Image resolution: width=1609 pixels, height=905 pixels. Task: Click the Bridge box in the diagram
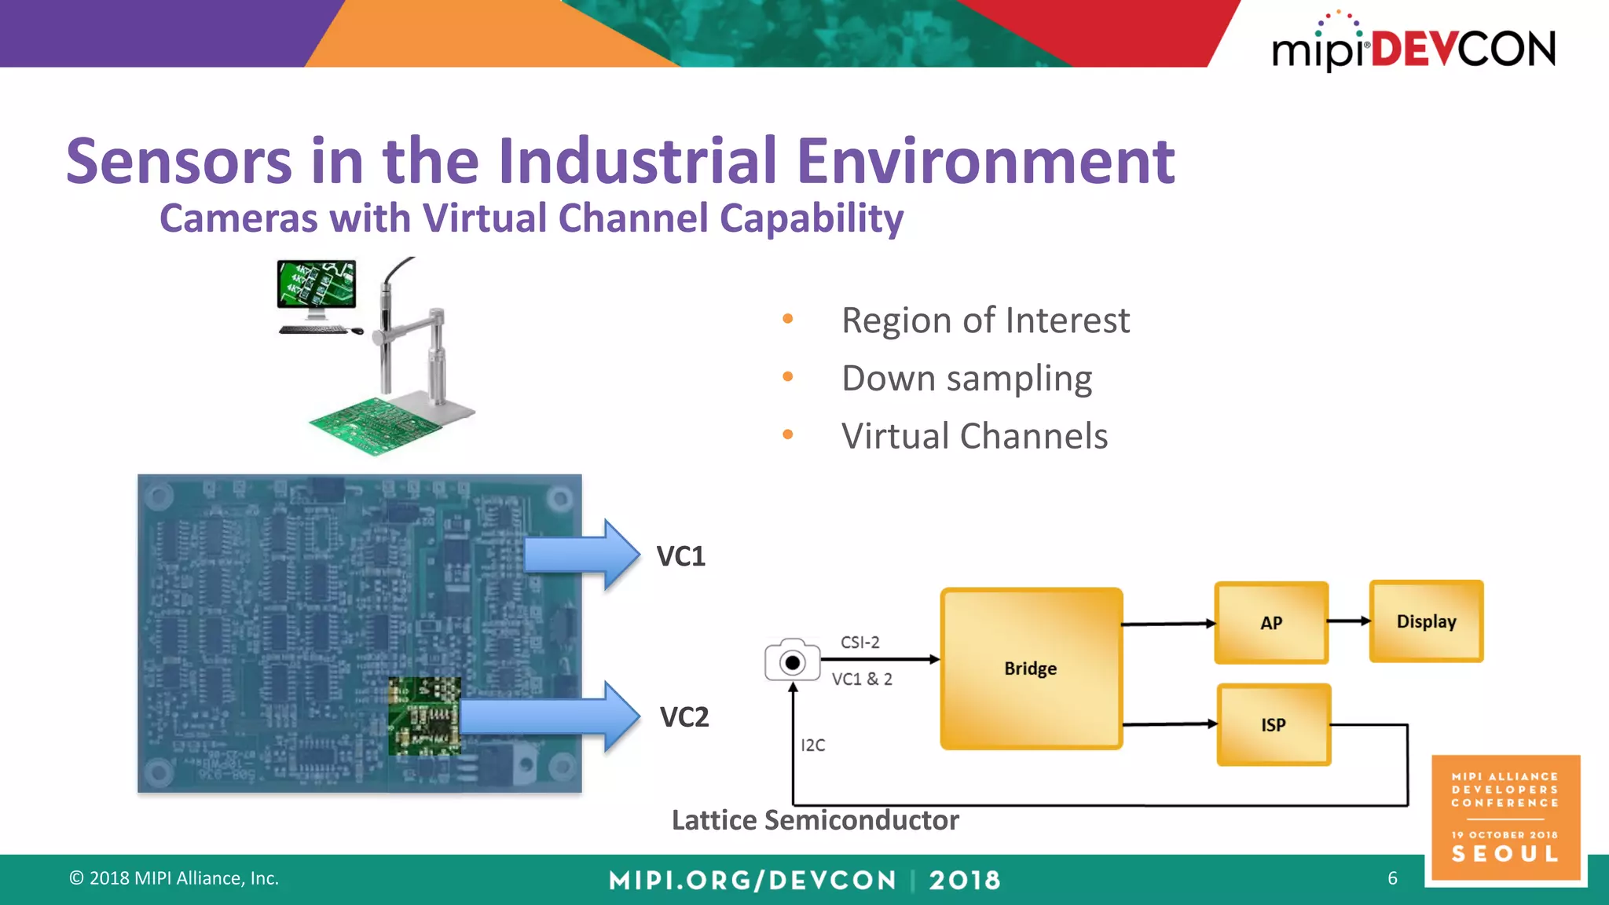point(1031,669)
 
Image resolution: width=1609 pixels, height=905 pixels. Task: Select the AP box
point(1271,623)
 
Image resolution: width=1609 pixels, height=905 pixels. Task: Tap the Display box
point(1426,621)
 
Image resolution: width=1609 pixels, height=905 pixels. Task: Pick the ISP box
point(1274,724)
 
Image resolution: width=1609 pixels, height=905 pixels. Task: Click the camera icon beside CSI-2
point(792,661)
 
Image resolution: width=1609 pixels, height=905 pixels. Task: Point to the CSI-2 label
point(859,642)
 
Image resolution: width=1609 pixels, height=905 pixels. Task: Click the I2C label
point(812,745)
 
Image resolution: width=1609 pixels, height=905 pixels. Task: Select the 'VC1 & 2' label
point(862,679)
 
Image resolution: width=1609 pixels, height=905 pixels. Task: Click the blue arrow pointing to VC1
point(581,555)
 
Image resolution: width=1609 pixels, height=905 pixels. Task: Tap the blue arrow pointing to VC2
point(550,716)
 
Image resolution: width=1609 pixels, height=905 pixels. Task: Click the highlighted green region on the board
point(424,716)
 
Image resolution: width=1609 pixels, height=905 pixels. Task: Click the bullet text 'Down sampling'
point(966,379)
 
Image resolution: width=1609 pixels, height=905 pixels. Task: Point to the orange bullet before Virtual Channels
point(788,434)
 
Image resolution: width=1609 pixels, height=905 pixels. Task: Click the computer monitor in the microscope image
point(317,284)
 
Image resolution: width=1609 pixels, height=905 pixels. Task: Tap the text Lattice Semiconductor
point(815,820)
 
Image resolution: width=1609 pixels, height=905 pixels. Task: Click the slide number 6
point(1392,878)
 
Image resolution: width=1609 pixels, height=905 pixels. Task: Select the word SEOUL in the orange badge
point(1505,854)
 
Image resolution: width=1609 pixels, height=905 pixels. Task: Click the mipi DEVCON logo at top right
point(1413,47)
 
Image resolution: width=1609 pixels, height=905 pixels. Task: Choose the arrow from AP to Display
point(1349,621)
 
